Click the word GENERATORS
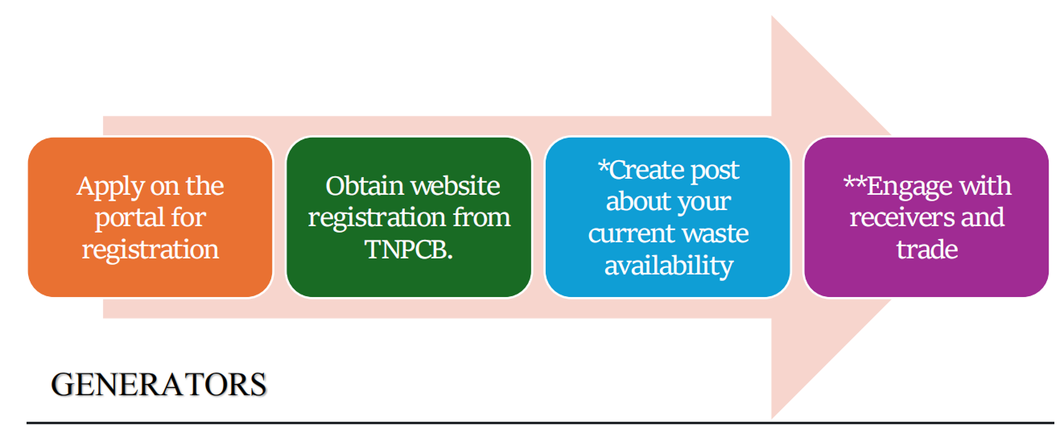coord(159,385)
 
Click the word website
coord(456,186)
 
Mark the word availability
coord(669,265)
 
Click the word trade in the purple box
coord(926,250)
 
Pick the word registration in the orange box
coord(150,250)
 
